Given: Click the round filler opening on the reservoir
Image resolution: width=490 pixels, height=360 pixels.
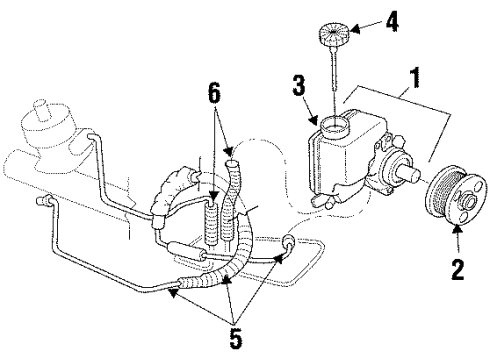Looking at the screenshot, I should (331, 127).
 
